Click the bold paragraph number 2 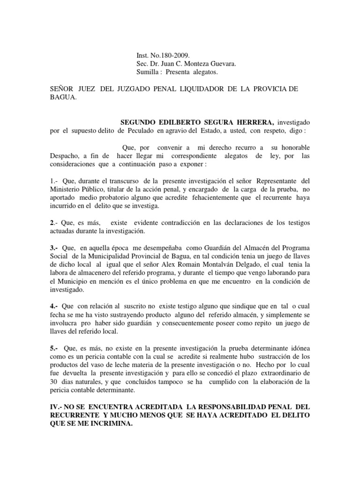pyautogui.click(x=52, y=223)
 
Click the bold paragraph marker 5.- pyautogui.click(x=54, y=349)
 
